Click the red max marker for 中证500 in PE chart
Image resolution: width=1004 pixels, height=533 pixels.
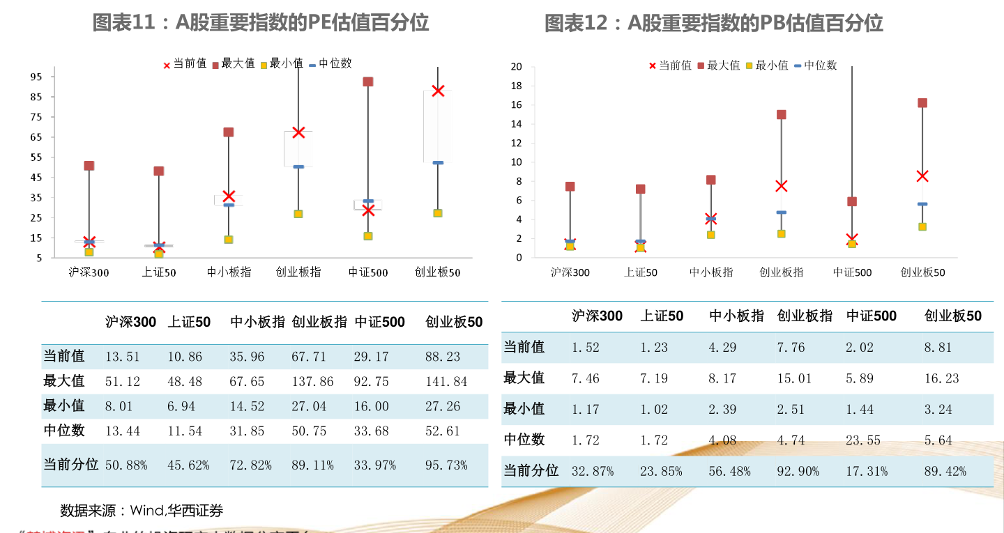[368, 82]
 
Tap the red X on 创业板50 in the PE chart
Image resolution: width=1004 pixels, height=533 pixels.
[438, 91]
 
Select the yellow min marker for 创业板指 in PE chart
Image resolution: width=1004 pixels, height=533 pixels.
[298, 214]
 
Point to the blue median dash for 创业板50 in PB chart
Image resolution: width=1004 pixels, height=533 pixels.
[922, 204]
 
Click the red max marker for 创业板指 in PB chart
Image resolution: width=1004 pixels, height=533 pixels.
[782, 115]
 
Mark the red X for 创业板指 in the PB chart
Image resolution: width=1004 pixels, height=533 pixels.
[782, 186]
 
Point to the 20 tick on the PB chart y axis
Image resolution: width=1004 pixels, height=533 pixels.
[516, 67]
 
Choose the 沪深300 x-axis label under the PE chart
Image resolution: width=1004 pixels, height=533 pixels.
[89, 272]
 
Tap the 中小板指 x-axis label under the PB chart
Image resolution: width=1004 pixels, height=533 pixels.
[711, 272]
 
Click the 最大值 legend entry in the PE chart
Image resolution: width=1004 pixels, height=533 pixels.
[233, 64]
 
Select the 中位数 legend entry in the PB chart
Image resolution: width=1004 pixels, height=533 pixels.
[815, 65]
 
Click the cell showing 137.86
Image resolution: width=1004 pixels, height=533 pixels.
[312, 382]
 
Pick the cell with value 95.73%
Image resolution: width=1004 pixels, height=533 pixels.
[446, 465]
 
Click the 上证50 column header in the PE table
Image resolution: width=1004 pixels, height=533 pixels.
[189, 322]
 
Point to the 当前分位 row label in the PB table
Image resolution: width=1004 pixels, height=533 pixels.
[531, 471]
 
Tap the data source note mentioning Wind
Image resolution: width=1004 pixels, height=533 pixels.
[142, 511]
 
